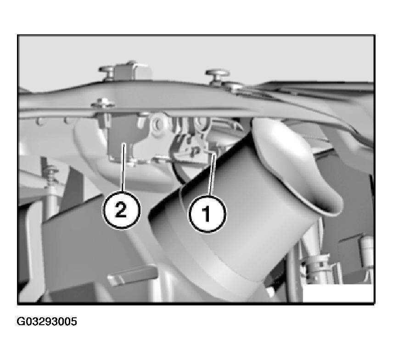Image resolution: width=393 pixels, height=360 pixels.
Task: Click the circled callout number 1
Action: point(207,214)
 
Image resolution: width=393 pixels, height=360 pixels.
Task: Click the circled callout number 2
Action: point(121,210)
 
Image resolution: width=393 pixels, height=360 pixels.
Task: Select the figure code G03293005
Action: point(47,321)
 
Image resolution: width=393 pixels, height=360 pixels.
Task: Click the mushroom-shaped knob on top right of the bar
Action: point(217,75)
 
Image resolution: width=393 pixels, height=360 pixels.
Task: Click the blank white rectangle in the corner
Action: point(337,293)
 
